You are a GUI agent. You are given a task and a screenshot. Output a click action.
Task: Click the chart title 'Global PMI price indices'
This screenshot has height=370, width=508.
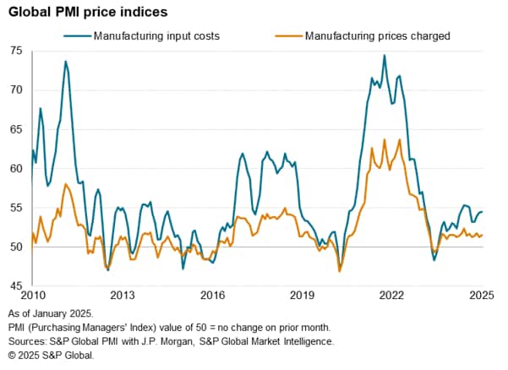[x=95, y=13]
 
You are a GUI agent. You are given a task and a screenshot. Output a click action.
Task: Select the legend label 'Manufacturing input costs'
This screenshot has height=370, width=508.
[x=156, y=35]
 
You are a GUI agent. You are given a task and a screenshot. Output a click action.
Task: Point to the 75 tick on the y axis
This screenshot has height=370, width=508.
[x=17, y=51]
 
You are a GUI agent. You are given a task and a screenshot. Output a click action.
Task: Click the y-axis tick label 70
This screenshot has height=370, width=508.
[x=17, y=90]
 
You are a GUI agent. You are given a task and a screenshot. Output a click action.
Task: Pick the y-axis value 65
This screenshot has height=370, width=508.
[x=17, y=129]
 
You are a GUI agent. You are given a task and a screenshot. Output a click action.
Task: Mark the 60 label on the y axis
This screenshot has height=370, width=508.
[x=17, y=168]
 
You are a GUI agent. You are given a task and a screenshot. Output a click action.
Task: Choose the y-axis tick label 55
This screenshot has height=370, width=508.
[x=17, y=208]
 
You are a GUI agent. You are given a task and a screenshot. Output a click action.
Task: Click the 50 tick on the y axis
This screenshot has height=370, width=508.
[x=17, y=247]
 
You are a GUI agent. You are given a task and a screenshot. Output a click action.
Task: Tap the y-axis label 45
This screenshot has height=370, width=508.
[x=17, y=286]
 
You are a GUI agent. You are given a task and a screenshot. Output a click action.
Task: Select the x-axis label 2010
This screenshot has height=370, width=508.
[x=32, y=296]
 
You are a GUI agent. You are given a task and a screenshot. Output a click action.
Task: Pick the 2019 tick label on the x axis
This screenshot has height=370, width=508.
[x=302, y=296]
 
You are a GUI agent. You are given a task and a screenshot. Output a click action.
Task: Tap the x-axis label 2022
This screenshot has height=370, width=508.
[x=391, y=296]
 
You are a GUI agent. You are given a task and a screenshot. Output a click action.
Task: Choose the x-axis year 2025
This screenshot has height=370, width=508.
[x=481, y=296]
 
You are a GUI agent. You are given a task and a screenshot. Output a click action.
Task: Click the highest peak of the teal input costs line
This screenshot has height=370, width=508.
[x=385, y=56]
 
